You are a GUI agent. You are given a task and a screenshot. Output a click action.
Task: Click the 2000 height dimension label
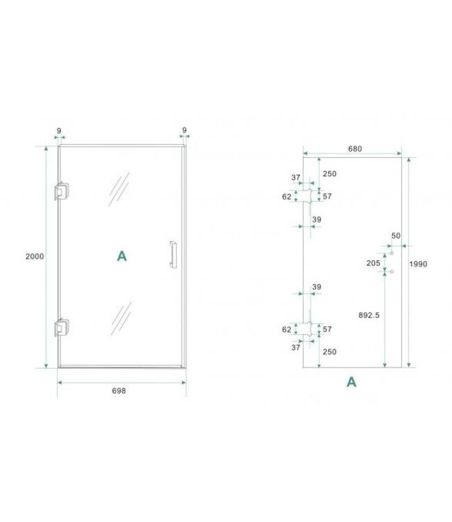point(35,256)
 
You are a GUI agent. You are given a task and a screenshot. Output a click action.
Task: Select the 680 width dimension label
point(355,149)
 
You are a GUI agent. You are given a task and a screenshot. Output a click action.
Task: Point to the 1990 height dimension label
point(418,264)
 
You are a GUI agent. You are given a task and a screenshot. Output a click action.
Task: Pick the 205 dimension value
point(373,262)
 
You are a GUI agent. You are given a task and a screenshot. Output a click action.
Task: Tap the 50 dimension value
point(396,237)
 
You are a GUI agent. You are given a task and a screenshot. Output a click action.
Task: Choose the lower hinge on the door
point(62,327)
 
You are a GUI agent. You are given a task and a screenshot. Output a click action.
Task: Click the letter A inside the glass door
point(122,256)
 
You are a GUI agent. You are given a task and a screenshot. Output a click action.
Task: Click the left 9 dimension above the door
point(58,130)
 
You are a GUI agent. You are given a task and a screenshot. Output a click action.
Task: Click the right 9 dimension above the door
point(184,130)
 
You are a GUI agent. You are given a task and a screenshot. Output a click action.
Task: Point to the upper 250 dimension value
point(330,174)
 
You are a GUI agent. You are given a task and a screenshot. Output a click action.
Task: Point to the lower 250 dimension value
point(330,352)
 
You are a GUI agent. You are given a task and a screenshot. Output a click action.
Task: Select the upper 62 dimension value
point(286,197)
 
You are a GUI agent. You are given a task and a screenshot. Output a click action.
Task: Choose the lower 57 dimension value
point(328,329)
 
